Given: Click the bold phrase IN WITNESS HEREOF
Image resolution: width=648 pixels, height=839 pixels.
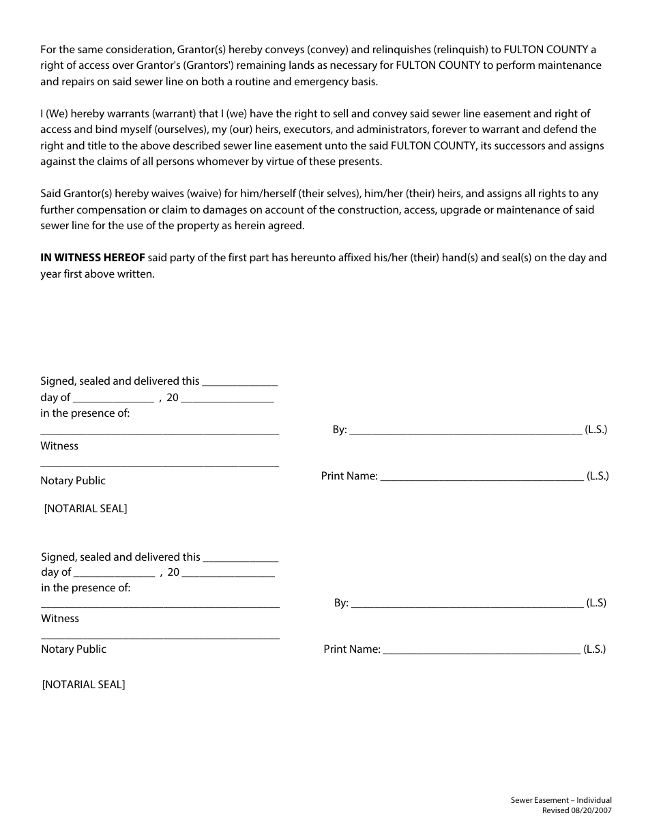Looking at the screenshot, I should point(92,258).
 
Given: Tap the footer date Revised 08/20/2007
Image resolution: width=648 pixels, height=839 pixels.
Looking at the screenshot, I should point(576,810).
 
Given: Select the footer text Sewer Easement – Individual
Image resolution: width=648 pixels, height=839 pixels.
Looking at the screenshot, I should point(561,800).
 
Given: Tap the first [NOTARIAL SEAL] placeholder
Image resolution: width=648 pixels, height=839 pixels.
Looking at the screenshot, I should point(85,509).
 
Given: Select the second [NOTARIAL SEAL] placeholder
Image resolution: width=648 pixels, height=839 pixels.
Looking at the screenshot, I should point(83,685).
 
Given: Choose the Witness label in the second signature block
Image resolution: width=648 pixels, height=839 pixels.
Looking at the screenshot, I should point(60,619).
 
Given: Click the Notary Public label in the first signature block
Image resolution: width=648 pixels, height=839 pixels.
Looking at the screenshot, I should point(73,481).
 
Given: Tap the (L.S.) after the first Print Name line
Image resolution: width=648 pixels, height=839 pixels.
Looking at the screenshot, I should point(598,476).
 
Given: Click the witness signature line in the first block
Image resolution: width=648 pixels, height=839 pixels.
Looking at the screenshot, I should point(160,432).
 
